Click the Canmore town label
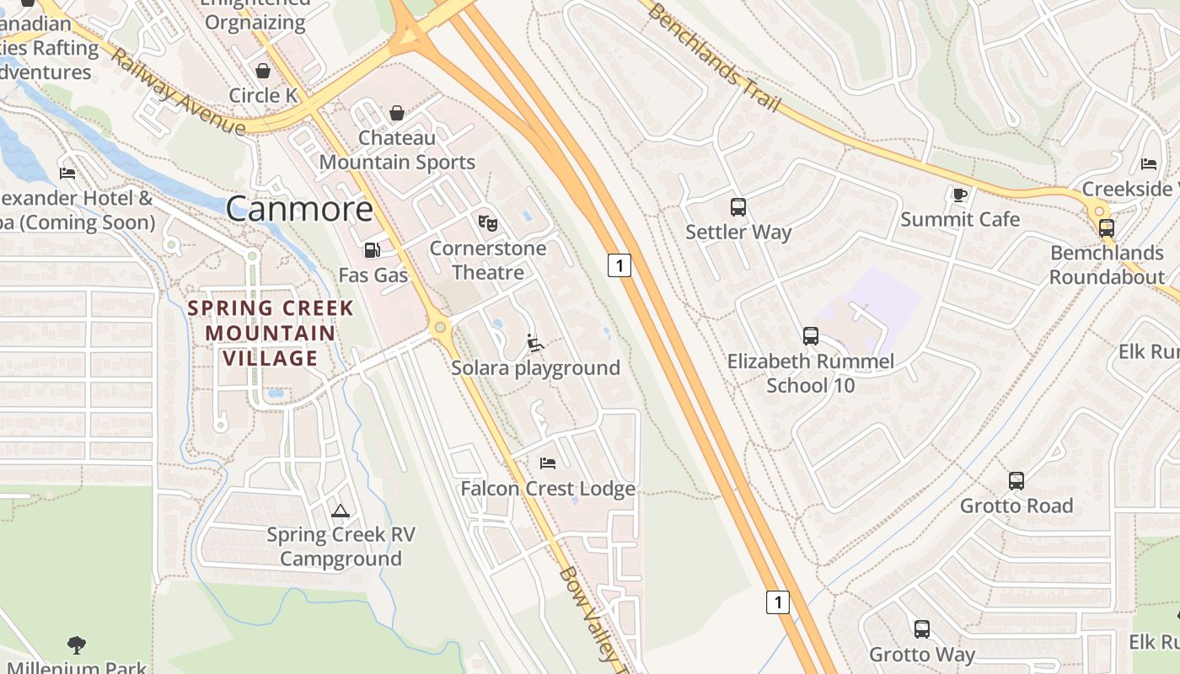pyautogui.click(x=299, y=209)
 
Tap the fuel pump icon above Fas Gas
pyautogui.click(x=371, y=250)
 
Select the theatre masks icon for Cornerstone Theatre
pyautogui.click(x=487, y=223)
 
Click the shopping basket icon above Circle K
pyautogui.click(x=263, y=71)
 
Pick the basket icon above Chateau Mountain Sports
pyautogui.click(x=397, y=113)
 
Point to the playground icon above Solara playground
pyautogui.click(x=534, y=343)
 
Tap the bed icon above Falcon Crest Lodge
pyautogui.click(x=547, y=463)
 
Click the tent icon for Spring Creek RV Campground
pyautogui.click(x=340, y=510)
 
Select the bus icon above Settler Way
pyautogui.click(x=737, y=206)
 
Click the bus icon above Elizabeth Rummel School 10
pyautogui.click(x=810, y=336)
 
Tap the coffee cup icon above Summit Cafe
pyautogui.click(x=959, y=195)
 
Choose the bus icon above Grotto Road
pyautogui.click(x=1016, y=481)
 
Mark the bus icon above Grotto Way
pyautogui.click(x=922, y=629)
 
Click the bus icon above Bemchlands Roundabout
pyautogui.click(x=1106, y=227)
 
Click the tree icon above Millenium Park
pyautogui.click(x=77, y=645)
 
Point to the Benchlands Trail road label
pyautogui.click(x=714, y=56)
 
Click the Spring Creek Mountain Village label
pyautogui.click(x=270, y=333)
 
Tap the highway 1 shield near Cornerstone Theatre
pyautogui.click(x=619, y=265)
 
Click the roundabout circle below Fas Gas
pyautogui.click(x=439, y=327)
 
